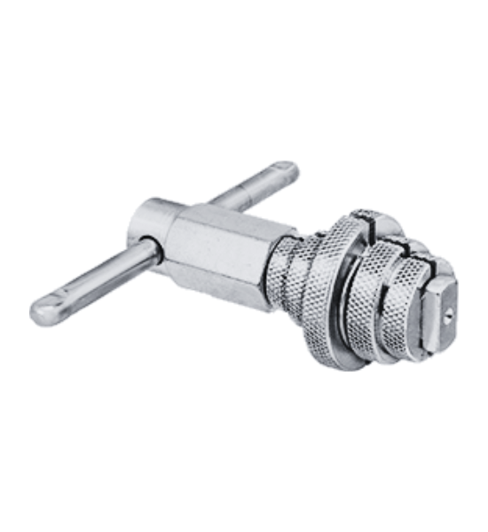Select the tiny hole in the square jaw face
[x=451, y=311]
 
